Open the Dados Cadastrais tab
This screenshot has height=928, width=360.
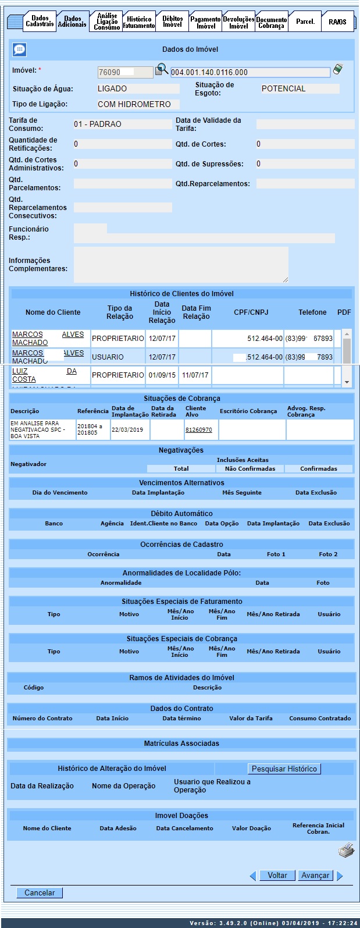[40, 22]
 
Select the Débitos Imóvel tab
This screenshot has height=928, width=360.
[172, 22]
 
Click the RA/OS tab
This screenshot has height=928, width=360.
[337, 22]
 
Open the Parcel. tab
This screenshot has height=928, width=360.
[305, 22]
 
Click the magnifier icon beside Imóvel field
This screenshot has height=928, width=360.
[162, 70]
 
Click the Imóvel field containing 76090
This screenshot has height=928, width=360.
[125, 72]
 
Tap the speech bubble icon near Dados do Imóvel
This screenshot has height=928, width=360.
[19, 50]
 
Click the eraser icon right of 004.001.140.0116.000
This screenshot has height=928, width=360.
[338, 70]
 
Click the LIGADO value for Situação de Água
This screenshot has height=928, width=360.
[138, 89]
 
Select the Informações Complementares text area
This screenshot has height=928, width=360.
[181, 265]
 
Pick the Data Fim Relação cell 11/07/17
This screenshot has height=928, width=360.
[195, 375]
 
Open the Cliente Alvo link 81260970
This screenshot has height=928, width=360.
[198, 430]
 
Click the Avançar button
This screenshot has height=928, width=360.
[315, 875]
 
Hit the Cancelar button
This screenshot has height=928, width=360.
[40, 893]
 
